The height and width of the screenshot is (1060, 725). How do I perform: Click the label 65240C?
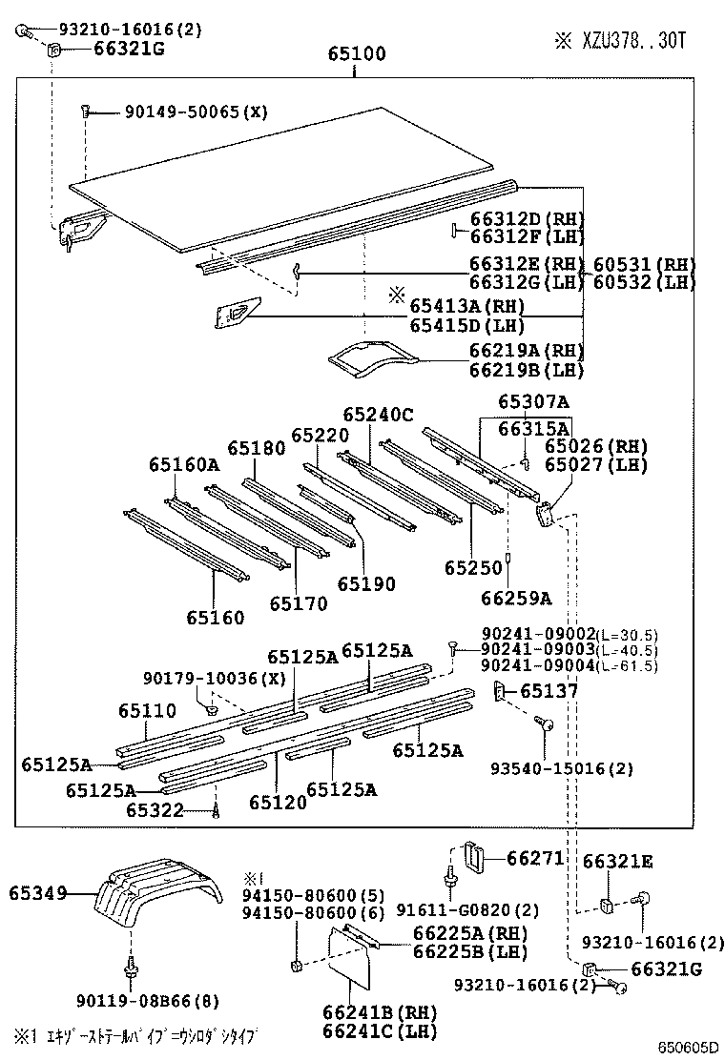coord(378,414)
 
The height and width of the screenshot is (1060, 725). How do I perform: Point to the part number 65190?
coord(364,584)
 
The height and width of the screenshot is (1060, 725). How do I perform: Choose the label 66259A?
coord(516,599)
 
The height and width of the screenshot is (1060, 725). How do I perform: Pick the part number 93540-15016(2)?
coord(549,768)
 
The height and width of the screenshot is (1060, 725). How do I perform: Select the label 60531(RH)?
coord(644,265)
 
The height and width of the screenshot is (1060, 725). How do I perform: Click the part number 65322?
coord(155,810)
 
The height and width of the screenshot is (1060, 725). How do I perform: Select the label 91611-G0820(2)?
coord(468,909)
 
